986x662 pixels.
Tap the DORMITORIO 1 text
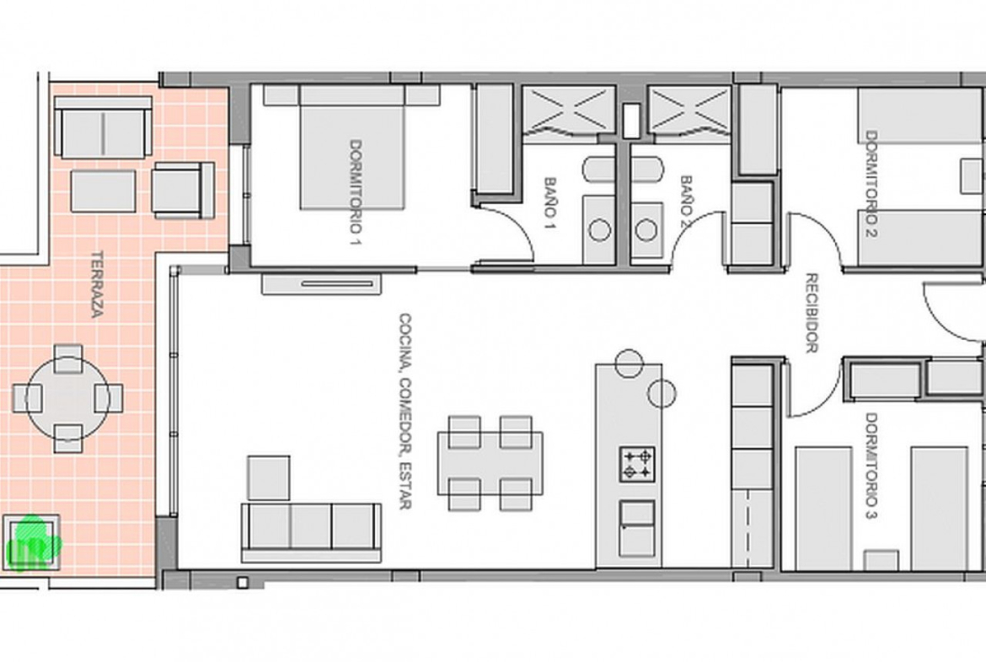tap(356, 192)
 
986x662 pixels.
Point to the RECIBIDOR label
tap(812, 313)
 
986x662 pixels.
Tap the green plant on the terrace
tap(34, 543)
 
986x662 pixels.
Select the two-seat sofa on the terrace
tap(103, 127)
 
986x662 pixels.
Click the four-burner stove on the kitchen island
tap(638, 465)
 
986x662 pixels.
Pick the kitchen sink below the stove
tap(637, 528)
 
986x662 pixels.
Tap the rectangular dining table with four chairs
tap(490, 462)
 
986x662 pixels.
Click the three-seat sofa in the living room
tap(311, 532)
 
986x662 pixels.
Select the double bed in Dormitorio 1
tap(351, 148)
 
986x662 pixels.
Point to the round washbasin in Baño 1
tap(600, 229)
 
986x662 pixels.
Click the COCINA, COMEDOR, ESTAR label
tap(405, 411)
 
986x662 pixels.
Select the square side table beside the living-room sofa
tap(269, 478)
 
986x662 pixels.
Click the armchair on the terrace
tap(183, 190)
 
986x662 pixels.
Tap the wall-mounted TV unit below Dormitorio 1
tap(322, 284)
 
